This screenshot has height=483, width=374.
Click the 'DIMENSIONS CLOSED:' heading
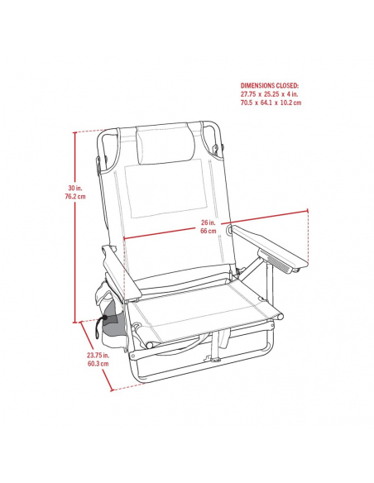pyautogui.click(x=270, y=85)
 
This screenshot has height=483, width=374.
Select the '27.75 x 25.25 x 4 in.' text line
pyautogui.click(x=269, y=94)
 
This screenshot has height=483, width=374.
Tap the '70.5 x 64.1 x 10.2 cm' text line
pyautogui.click(x=271, y=103)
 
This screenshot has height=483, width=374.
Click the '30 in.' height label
pyautogui.click(x=75, y=188)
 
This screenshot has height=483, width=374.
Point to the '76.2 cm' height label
pyautogui.click(x=75, y=197)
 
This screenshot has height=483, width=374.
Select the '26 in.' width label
pyautogui.click(x=209, y=222)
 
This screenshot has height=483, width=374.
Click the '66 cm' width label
pyautogui.click(x=209, y=231)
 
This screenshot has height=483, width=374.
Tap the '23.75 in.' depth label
pyautogui.click(x=98, y=355)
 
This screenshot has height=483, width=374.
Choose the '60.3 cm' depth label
pyautogui.click(x=98, y=364)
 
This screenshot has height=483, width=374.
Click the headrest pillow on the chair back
pyautogui.click(x=165, y=145)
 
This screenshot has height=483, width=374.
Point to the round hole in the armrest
pyautogui.click(x=229, y=229)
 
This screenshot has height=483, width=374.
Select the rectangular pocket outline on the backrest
pyautogui.click(x=166, y=189)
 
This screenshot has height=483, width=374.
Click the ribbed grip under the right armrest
pyautogui.click(x=274, y=261)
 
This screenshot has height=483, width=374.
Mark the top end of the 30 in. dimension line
pyautogui.click(x=74, y=132)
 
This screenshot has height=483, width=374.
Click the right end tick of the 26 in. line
pyautogui.click(x=308, y=211)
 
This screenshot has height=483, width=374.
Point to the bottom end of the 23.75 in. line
pyautogui.click(x=112, y=390)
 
